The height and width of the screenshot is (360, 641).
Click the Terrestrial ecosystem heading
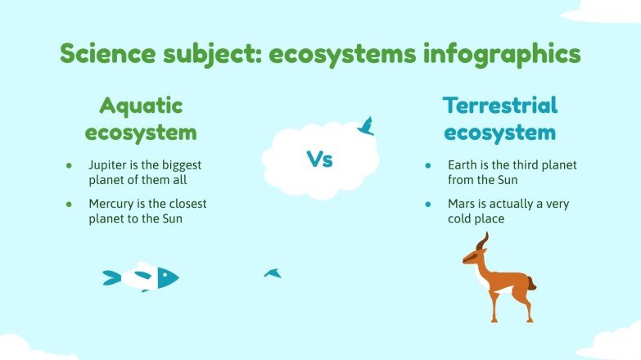(x=500, y=119)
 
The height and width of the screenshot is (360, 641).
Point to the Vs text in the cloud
(x=319, y=160)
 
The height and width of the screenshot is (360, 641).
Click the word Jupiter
(x=107, y=165)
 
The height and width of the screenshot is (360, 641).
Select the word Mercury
(x=112, y=203)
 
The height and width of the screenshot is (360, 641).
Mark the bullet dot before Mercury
(x=70, y=204)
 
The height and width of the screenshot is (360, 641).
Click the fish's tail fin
(x=111, y=278)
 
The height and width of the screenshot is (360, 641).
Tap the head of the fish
(x=168, y=277)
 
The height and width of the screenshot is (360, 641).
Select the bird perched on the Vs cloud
(x=366, y=126)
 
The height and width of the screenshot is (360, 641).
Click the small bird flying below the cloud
(x=273, y=272)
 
